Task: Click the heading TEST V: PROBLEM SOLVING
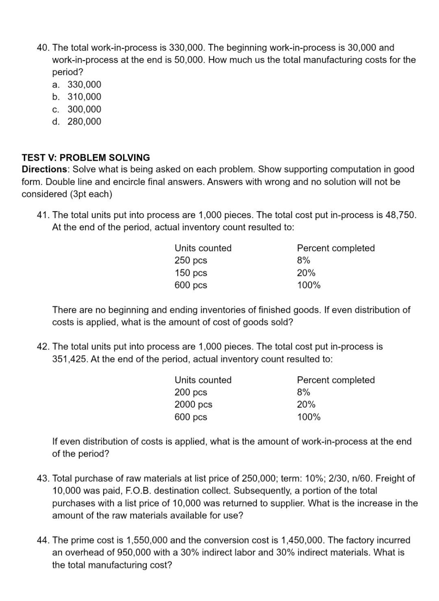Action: click(86, 157)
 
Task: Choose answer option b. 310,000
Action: click(77, 97)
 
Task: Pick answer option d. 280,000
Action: click(77, 121)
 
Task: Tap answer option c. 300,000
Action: click(77, 109)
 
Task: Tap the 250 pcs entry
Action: click(191, 260)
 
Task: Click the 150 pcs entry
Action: click(191, 273)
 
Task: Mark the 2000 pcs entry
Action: click(193, 404)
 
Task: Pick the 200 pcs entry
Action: click(191, 392)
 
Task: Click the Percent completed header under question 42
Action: click(336, 380)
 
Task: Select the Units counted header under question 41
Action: click(203, 248)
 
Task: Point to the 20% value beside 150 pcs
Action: click(306, 273)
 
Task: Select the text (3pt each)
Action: click(91, 194)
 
